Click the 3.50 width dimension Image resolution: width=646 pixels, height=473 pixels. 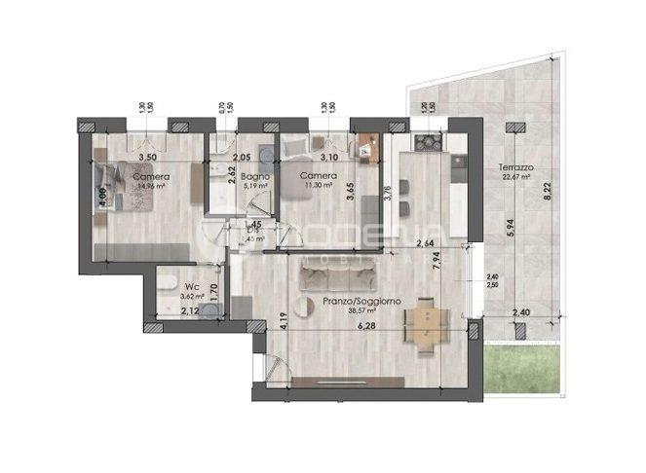[147, 156]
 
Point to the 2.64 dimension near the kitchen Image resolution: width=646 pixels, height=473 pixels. [425, 244]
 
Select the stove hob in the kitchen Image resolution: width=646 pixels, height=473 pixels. [428, 144]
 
